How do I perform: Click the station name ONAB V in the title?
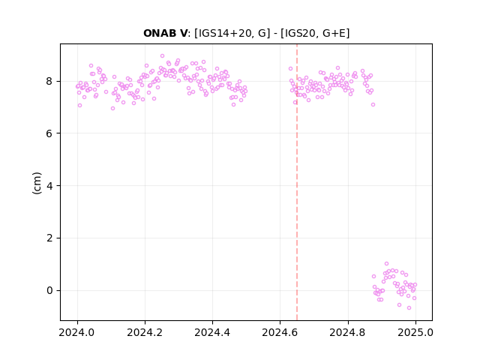[x=165, y=33]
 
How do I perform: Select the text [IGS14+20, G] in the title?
[x=232, y=33]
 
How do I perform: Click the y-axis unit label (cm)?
[x=37, y=183]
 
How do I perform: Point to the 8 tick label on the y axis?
[x=49, y=81]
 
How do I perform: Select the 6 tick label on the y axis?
[x=49, y=133]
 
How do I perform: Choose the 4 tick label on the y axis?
[x=49, y=186]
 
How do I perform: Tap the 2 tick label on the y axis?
[x=49, y=238]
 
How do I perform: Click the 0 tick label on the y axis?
[x=49, y=290]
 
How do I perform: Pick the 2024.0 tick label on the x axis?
[x=77, y=332]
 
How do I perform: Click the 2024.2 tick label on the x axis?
[x=145, y=332]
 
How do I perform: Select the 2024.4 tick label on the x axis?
[x=212, y=332]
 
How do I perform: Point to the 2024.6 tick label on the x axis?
[x=280, y=332]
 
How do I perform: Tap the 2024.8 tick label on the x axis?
[x=348, y=332]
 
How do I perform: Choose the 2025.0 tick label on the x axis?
[x=415, y=332]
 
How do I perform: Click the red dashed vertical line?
[x=297, y=182]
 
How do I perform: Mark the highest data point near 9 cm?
[x=162, y=55]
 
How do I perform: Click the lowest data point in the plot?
[x=409, y=307]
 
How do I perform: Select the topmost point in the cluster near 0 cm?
[x=387, y=263]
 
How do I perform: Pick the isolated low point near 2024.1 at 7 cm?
[x=112, y=108]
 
